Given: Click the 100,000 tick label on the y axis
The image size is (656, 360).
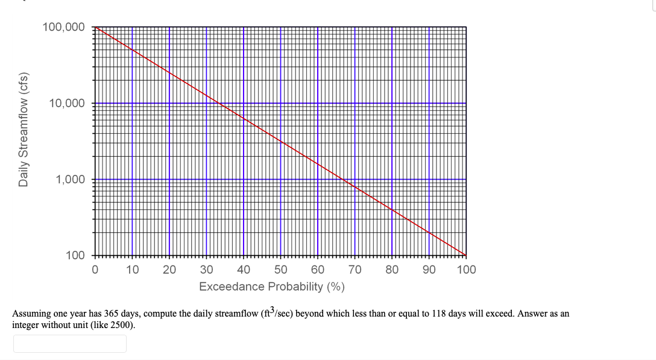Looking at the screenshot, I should point(63,27).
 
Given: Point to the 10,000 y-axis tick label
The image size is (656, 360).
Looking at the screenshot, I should point(66,103).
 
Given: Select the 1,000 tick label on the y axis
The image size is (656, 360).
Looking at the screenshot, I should point(70,179).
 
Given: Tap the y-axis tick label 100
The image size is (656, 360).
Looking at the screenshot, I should point(75,255).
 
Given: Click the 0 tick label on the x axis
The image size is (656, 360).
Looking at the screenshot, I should point(95,270).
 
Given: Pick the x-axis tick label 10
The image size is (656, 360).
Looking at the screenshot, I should point(132,270).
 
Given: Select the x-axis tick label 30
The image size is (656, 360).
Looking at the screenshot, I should point(206,270).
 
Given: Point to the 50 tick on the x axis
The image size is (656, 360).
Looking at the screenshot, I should point(280,270).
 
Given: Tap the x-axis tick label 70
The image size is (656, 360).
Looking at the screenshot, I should point(355,270).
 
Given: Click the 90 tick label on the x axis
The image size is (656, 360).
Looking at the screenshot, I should point(429,270).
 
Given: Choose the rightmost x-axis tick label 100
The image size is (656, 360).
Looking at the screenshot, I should point(466,270).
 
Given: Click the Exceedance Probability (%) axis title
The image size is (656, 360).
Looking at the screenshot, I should point(272,286).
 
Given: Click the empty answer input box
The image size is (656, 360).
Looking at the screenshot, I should point(70,344).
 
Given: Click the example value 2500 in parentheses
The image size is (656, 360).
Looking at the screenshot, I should point(121,324).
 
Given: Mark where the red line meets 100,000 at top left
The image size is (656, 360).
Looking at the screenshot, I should point(95,27).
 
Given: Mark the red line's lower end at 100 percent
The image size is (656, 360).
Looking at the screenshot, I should point(465,254).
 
